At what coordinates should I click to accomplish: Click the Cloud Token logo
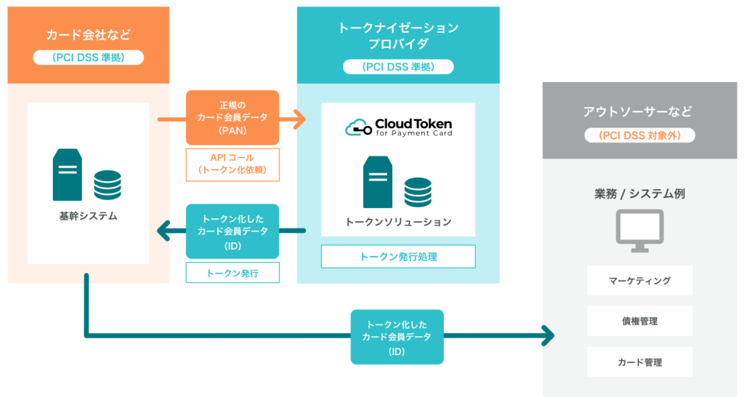click(398, 127)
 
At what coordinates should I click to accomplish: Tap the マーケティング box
click(639, 280)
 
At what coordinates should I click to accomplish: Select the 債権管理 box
click(639, 321)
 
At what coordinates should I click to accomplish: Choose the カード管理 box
click(639, 362)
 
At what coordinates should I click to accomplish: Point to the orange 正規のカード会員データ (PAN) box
click(232, 117)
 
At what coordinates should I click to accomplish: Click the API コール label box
click(232, 164)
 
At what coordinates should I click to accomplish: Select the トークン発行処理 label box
click(398, 256)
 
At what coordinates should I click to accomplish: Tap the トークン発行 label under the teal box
click(232, 273)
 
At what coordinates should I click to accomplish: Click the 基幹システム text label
click(88, 216)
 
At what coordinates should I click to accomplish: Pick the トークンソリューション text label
click(398, 221)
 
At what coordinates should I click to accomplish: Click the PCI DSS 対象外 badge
click(639, 135)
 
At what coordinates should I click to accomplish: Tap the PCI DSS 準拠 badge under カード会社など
click(88, 57)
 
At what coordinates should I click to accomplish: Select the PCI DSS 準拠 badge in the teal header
click(398, 67)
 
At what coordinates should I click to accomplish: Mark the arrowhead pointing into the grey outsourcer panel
click(546, 336)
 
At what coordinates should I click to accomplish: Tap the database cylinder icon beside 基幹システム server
click(108, 185)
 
